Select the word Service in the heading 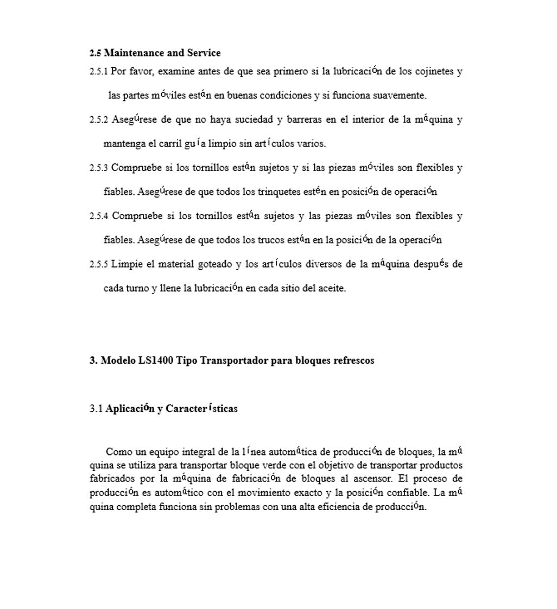coord(204,53)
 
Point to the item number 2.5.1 coord(99,72)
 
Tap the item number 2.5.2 coord(99,120)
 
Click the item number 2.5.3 coord(99,168)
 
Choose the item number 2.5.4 coord(99,217)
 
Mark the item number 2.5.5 coord(99,265)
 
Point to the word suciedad coord(255,120)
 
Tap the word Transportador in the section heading coord(234,361)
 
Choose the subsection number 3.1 coord(96,409)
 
